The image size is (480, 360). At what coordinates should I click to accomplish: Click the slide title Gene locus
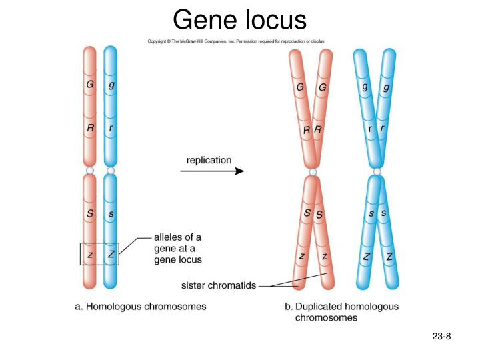point(239,19)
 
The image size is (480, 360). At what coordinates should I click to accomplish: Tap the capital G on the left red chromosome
point(90,85)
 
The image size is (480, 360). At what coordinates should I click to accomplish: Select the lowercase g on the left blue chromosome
point(111,85)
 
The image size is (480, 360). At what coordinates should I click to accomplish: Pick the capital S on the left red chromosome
point(90,214)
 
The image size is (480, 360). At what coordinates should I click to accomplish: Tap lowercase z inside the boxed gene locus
point(90,255)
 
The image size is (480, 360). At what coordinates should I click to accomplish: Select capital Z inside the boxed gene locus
point(111,255)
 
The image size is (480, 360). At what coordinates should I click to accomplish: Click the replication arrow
point(212,171)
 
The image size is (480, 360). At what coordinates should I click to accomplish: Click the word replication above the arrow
point(209,160)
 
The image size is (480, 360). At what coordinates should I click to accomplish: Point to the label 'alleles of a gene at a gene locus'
point(178,248)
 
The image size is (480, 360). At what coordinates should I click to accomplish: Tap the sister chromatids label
point(219,285)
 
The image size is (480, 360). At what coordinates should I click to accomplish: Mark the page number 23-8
point(441,336)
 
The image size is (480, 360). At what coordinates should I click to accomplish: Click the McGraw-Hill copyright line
point(236,41)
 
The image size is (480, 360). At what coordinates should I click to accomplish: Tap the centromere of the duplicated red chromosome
point(311,173)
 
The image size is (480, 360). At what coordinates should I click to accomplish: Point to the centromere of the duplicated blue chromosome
point(377,173)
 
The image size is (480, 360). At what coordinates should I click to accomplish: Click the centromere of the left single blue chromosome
point(111,171)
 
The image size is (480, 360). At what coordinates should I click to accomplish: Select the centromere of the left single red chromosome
point(90,171)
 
